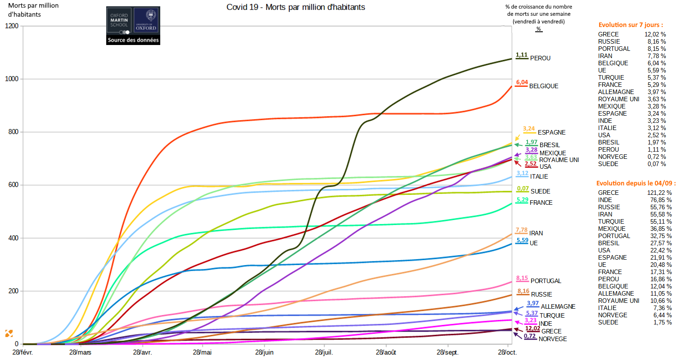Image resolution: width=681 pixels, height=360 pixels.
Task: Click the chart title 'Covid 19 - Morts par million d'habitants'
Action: (x=296, y=7)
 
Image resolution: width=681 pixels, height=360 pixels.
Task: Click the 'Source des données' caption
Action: (x=133, y=40)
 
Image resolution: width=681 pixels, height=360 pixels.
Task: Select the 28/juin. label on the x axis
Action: (x=264, y=352)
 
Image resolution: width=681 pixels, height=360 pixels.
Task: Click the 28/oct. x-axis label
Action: (x=507, y=352)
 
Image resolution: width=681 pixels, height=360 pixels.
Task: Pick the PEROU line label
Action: (x=540, y=58)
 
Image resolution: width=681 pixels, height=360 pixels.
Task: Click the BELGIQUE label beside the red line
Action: (x=543, y=86)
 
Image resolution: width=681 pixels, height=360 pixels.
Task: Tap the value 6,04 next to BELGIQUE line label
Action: (x=522, y=82)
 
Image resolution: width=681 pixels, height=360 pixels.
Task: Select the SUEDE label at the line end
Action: (x=540, y=191)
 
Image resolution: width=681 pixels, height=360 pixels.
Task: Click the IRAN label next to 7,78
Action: (x=536, y=233)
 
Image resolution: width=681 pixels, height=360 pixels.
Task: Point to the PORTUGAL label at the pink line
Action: (x=546, y=281)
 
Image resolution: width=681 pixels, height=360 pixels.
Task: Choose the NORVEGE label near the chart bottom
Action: (x=553, y=339)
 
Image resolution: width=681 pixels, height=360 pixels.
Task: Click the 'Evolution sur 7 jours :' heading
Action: (x=631, y=25)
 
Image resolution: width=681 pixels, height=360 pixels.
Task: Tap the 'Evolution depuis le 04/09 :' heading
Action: (x=636, y=183)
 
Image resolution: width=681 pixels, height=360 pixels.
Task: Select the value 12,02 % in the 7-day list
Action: (x=655, y=34)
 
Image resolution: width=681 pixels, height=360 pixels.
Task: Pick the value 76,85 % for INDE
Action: (x=661, y=200)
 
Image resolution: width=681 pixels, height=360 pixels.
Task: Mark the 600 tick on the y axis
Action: (x=14, y=185)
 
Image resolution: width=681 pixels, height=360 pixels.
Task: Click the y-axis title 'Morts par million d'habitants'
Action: (x=33, y=10)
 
